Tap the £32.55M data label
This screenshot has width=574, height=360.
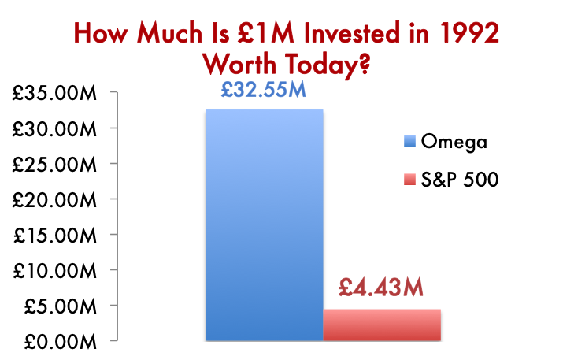click(x=263, y=91)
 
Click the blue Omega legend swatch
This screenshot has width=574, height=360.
click(x=409, y=143)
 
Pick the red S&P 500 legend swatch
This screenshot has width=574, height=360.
click(x=409, y=180)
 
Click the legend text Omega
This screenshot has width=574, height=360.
click(x=455, y=143)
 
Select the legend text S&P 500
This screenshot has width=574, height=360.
click(x=461, y=180)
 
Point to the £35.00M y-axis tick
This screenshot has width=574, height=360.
click(x=54, y=94)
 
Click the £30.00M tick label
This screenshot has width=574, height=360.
click(x=54, y=129)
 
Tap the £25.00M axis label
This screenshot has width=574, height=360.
click(x=54, y=165)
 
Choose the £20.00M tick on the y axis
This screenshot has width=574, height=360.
click(x=54, y=200)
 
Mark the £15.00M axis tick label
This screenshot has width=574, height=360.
click(x=54, y=236)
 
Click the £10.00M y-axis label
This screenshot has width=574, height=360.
click(x=54, y=271)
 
